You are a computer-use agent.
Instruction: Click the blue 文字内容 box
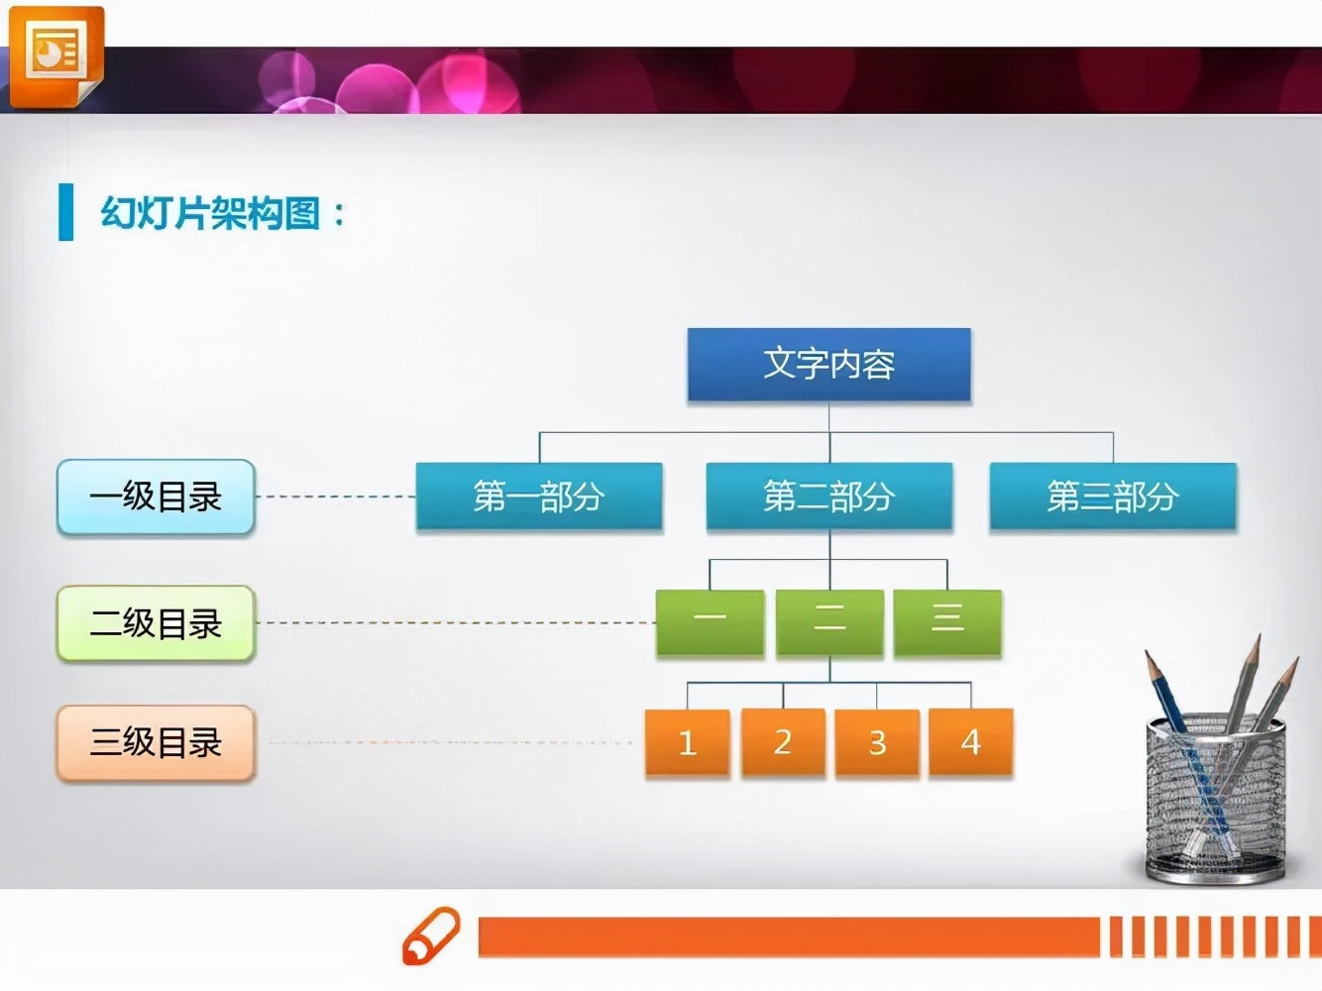(828, 365)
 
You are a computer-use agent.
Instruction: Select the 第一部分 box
(539, 496)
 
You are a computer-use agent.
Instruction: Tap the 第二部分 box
(829, 496)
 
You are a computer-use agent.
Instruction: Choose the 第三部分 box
(1113, 496)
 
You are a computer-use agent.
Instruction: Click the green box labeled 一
(711, 622)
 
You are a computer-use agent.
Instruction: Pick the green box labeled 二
(829, 622)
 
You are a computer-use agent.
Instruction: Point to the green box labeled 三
(947, 622)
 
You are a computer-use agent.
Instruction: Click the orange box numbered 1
(687, 742)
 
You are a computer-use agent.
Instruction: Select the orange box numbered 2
(783, 741)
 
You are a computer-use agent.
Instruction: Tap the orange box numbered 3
(877, 742)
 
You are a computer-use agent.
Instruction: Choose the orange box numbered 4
(971, 741)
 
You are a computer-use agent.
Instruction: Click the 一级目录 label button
(156, 496)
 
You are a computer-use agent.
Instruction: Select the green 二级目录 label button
(156, 623)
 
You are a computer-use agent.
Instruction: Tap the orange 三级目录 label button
(156, 743)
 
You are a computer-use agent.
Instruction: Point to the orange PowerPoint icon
(56, 56)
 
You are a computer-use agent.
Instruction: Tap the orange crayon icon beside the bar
(431, 935)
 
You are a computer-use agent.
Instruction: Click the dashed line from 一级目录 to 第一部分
(336, 496)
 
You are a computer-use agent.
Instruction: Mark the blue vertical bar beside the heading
(65, 212)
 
